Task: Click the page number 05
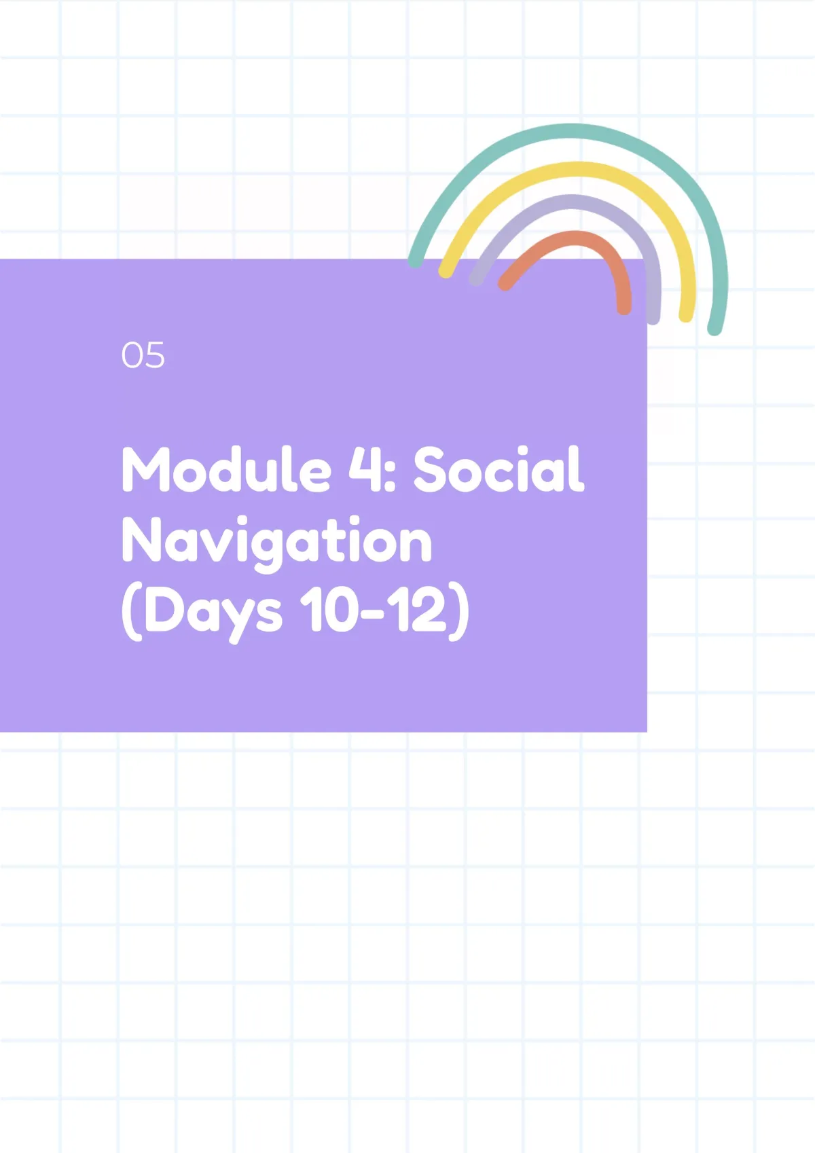143,355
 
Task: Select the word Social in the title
499,469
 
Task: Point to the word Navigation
277,543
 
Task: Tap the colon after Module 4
388,476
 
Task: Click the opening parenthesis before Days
132,612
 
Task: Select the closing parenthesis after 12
459,612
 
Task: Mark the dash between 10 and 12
374,614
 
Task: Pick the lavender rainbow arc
571,202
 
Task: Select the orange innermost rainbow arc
574,238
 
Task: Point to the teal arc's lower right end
714,329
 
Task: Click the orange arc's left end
505,284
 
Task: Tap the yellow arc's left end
446,271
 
